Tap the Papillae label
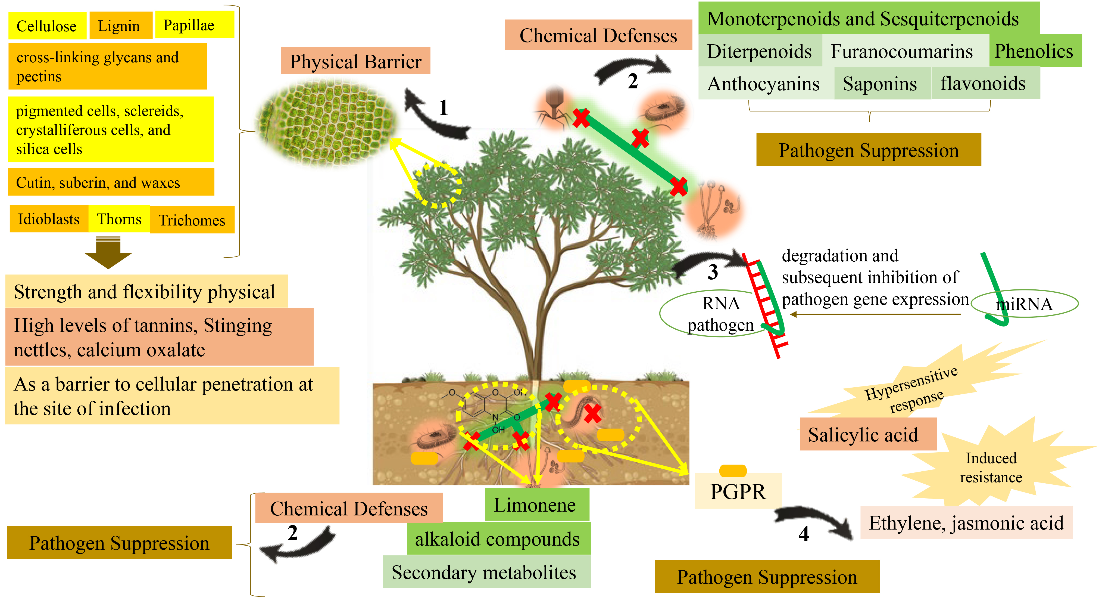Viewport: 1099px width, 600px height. tap(194, 25)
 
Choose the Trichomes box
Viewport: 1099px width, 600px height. tap(192, 220)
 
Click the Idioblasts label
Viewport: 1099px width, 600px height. tap(49, 219)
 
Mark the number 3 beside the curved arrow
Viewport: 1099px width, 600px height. tap(713, 272)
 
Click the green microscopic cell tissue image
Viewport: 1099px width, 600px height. tap(326, 124)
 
